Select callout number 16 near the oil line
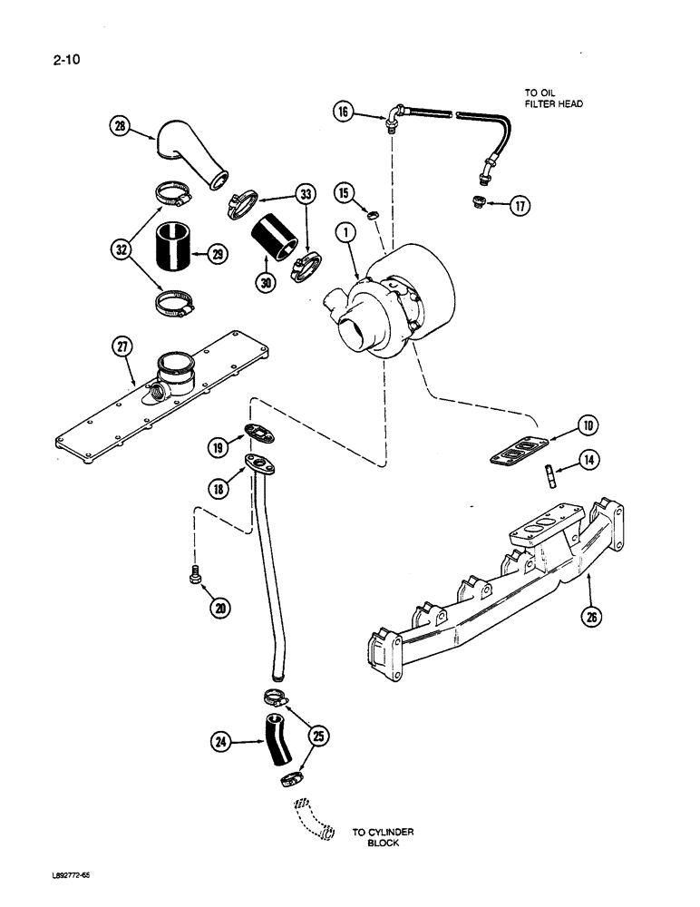(342, 112)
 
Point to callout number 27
(119, 346)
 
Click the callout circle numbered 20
(219, 609)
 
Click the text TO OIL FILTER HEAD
(552, 98)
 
